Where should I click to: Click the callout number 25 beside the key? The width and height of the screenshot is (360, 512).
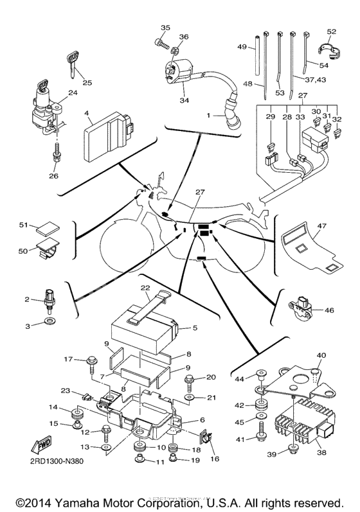pyautogui.click(x=87, y=82)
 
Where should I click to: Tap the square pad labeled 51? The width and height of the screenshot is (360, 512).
pyautogui.click(x=46, y=228)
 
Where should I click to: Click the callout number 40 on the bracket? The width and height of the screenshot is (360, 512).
pyautogui.click(x=321, y=355)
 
